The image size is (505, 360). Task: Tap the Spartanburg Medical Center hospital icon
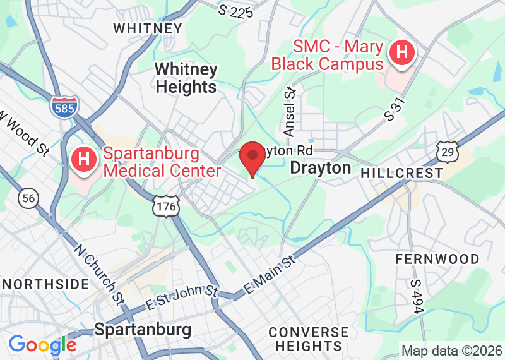[84, 160]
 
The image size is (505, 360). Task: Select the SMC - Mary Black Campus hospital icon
[401, 52]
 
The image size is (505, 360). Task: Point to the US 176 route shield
[166, 205]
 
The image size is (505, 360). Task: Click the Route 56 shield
[28, 198]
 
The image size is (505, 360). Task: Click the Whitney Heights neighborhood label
[186, 78]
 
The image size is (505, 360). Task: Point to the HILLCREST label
[402, 172]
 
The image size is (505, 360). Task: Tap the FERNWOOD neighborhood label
[437, 259]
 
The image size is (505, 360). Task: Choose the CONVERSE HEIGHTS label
[308, 339]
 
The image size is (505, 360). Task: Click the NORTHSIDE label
[44, 284]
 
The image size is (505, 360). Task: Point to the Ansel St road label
[290, 111]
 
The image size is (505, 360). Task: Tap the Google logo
[42, 345]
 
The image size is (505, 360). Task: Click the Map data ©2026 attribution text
[451, 351]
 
